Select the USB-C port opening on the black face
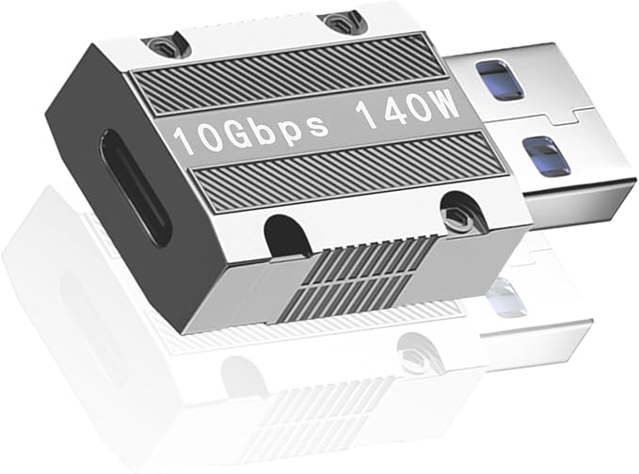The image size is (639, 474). click(x=135, y=186)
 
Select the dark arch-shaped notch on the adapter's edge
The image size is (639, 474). click(x=287, y=236)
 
